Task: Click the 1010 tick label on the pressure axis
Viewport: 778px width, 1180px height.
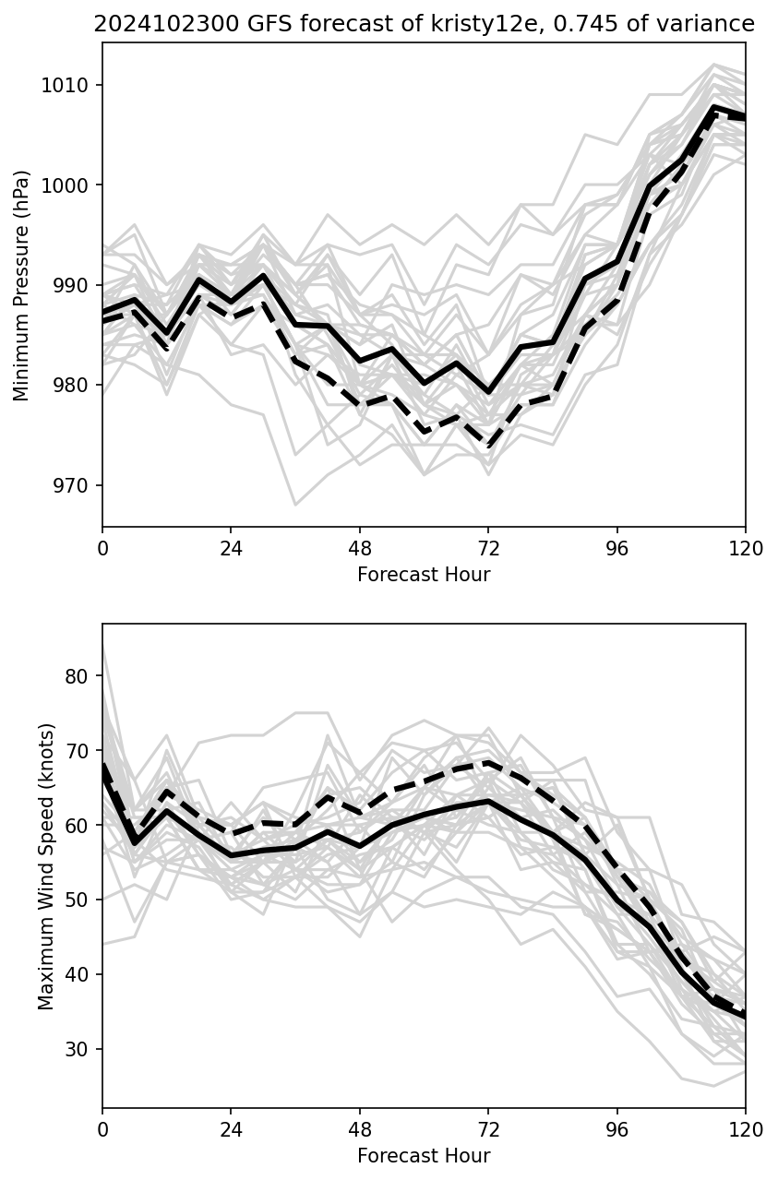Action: point(68,86)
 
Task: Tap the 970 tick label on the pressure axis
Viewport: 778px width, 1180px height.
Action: point(72,485)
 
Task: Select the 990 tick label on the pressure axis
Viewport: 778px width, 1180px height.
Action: point(72,285)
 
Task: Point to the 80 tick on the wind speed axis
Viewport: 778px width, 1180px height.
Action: point(80,675)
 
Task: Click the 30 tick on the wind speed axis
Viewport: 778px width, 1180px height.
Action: point(80,1049)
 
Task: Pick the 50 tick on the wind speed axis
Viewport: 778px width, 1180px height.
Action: point(80,900)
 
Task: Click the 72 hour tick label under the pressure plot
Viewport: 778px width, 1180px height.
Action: point(488,549)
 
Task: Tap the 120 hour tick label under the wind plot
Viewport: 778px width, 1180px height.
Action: point(746,1130)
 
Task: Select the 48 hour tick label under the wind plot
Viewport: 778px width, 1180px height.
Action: point(360,1130)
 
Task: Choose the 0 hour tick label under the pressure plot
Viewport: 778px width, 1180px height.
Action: point(102,549)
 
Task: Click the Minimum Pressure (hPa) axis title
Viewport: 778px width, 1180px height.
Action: point(22,285)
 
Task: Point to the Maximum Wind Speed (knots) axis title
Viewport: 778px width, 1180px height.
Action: point(47,866)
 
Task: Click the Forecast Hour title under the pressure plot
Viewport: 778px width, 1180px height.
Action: point(424,575)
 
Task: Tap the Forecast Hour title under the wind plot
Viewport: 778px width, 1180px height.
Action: point(424,1156)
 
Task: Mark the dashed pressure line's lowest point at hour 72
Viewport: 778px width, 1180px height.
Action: point(488,447)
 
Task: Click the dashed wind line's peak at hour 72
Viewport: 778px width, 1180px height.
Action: point(488,763)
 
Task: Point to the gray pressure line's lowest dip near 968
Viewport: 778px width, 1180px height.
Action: point(295,505)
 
